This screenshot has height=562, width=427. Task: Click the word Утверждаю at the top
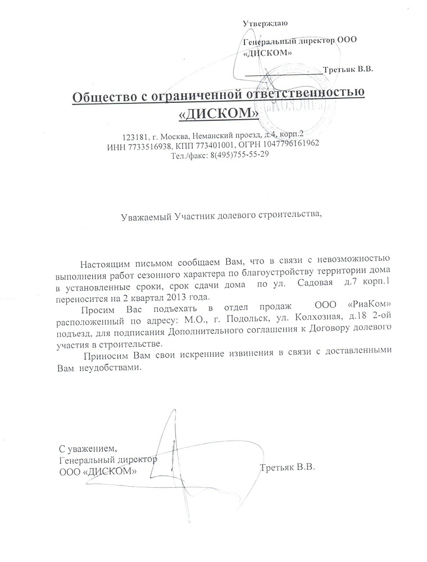tap(265, 23)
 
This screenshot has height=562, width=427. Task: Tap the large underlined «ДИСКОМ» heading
tap(218, 113)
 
